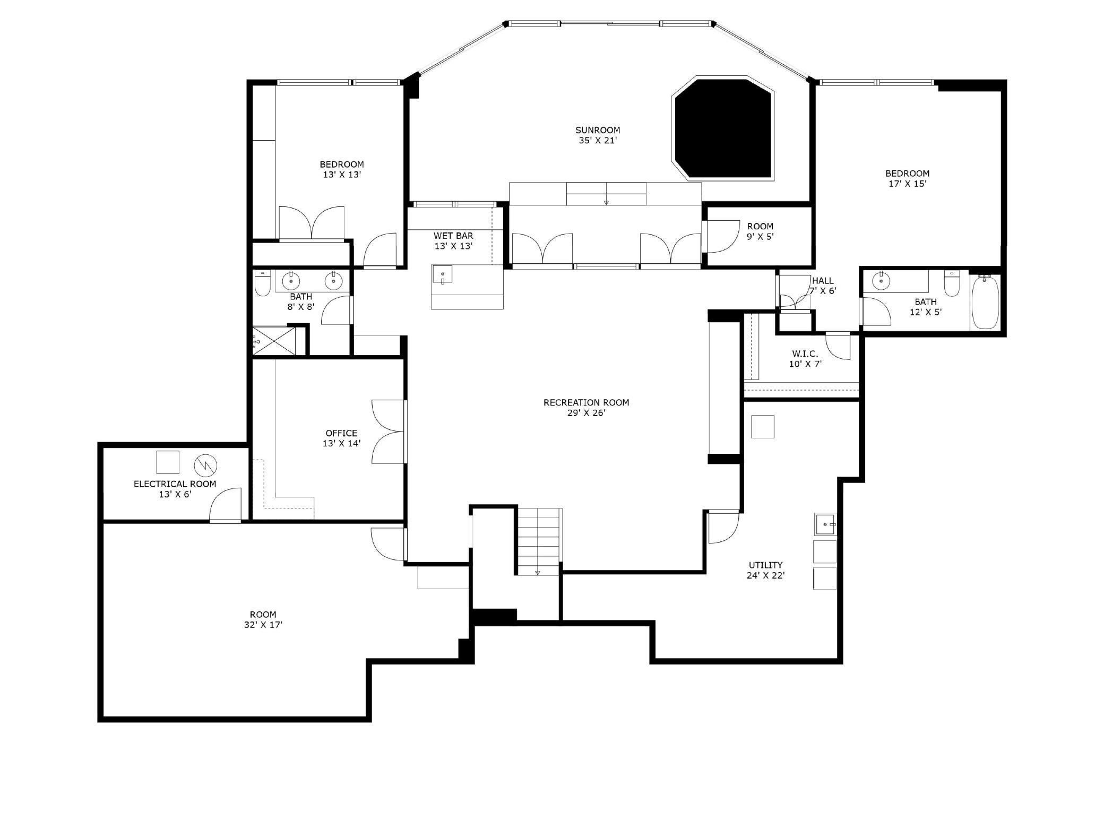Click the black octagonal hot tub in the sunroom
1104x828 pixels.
tap(723, 128)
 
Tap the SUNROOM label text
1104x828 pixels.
tap(598, 130)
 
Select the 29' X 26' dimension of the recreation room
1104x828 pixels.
tap(586, 413)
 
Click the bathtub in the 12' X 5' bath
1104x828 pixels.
tap(985, 302)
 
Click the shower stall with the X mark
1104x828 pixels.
tap(272, 341)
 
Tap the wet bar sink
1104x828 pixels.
tap(442, 275)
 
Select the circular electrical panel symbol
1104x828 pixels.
tap(205, 465)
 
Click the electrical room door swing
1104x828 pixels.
tap(226, 506)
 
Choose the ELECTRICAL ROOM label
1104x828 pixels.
tap(175, 484)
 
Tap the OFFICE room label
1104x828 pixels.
tap(341, 433)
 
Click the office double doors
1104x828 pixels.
tap(389, 432)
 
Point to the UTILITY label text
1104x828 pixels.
tap(765, 565)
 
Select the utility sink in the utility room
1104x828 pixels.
tap(825, 524)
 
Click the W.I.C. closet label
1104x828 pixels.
tap(805, 353)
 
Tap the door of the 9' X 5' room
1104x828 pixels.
tap(721, 237)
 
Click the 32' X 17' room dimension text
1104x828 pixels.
tap(263, 625)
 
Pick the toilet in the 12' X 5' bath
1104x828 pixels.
tap(952, 284)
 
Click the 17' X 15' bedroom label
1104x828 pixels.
tap(907, 184)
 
